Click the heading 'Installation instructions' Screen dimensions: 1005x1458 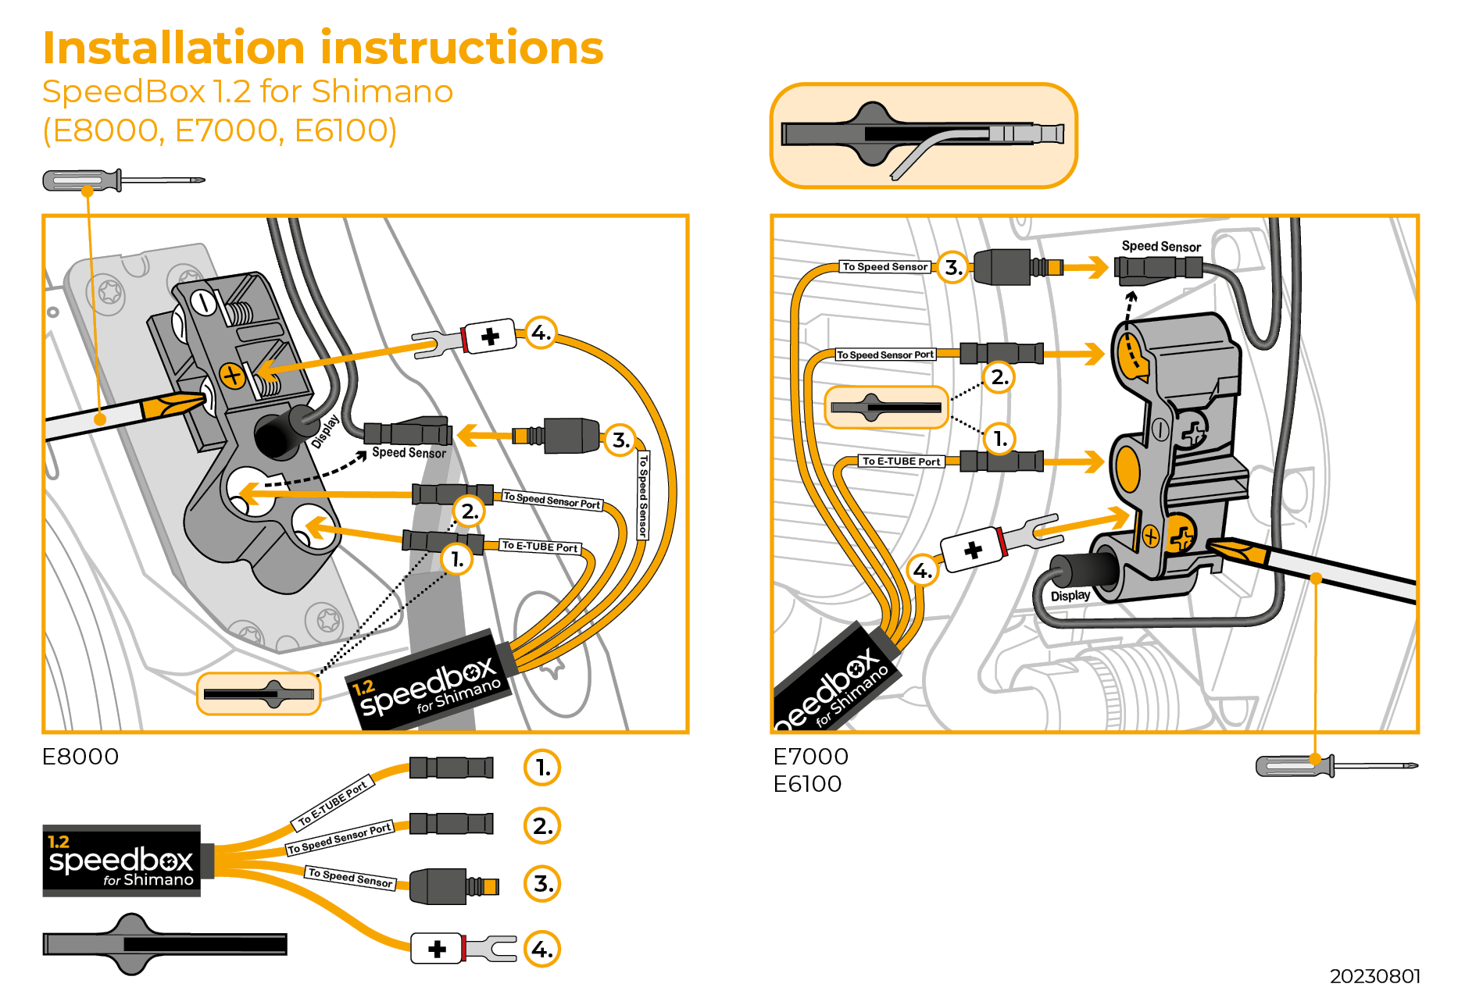coord(323,48)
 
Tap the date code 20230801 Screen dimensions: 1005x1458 coord(1374,976)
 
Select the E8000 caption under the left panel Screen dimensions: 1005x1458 coord(80,757)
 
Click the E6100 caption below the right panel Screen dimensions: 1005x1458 coord(807,784)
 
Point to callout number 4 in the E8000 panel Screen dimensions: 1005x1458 coord(540,333)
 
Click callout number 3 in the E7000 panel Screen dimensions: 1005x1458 coord(952,268)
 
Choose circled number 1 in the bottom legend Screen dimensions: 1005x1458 coord(542,768)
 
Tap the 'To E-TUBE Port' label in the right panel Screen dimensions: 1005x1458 coord(901,462)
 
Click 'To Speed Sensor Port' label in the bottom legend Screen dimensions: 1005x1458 coord(339,839)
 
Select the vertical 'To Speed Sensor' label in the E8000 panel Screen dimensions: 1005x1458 coord(643,496)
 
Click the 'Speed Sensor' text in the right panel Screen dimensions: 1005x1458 coord(1161,247)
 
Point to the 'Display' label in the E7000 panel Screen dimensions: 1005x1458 coord(1070,596)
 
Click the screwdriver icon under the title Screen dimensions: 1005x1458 coord(123,180)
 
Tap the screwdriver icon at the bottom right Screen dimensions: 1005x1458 coord(1335,766)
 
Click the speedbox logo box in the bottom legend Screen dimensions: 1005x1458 coord(121,861)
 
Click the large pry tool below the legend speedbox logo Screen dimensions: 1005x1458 coord(164,943)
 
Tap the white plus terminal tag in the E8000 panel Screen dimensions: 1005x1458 coord(490,337)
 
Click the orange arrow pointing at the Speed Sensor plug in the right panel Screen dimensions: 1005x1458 coord(1087,268)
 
